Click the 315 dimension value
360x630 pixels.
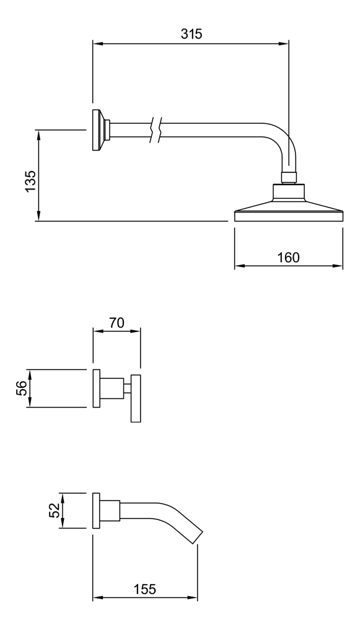pyautogui.click(x=191, y=34)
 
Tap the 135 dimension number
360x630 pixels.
pyautogui.click(x=30, y=182)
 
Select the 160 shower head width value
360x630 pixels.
pyautogui.click(x=289, y=257)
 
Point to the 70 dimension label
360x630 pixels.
pyautogui.click(x=117, y=323)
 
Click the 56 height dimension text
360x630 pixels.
pyautogui.click(x=22, y=388)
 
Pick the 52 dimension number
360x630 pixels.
pyautogui.click(x=55, y=510)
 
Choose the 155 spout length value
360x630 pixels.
pyautogui.click(x=144, y=589)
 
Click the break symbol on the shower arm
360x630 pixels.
pyautogui.click(x=156, y=129)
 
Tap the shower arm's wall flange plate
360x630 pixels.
pyautogui.click(x=96, y=129)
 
